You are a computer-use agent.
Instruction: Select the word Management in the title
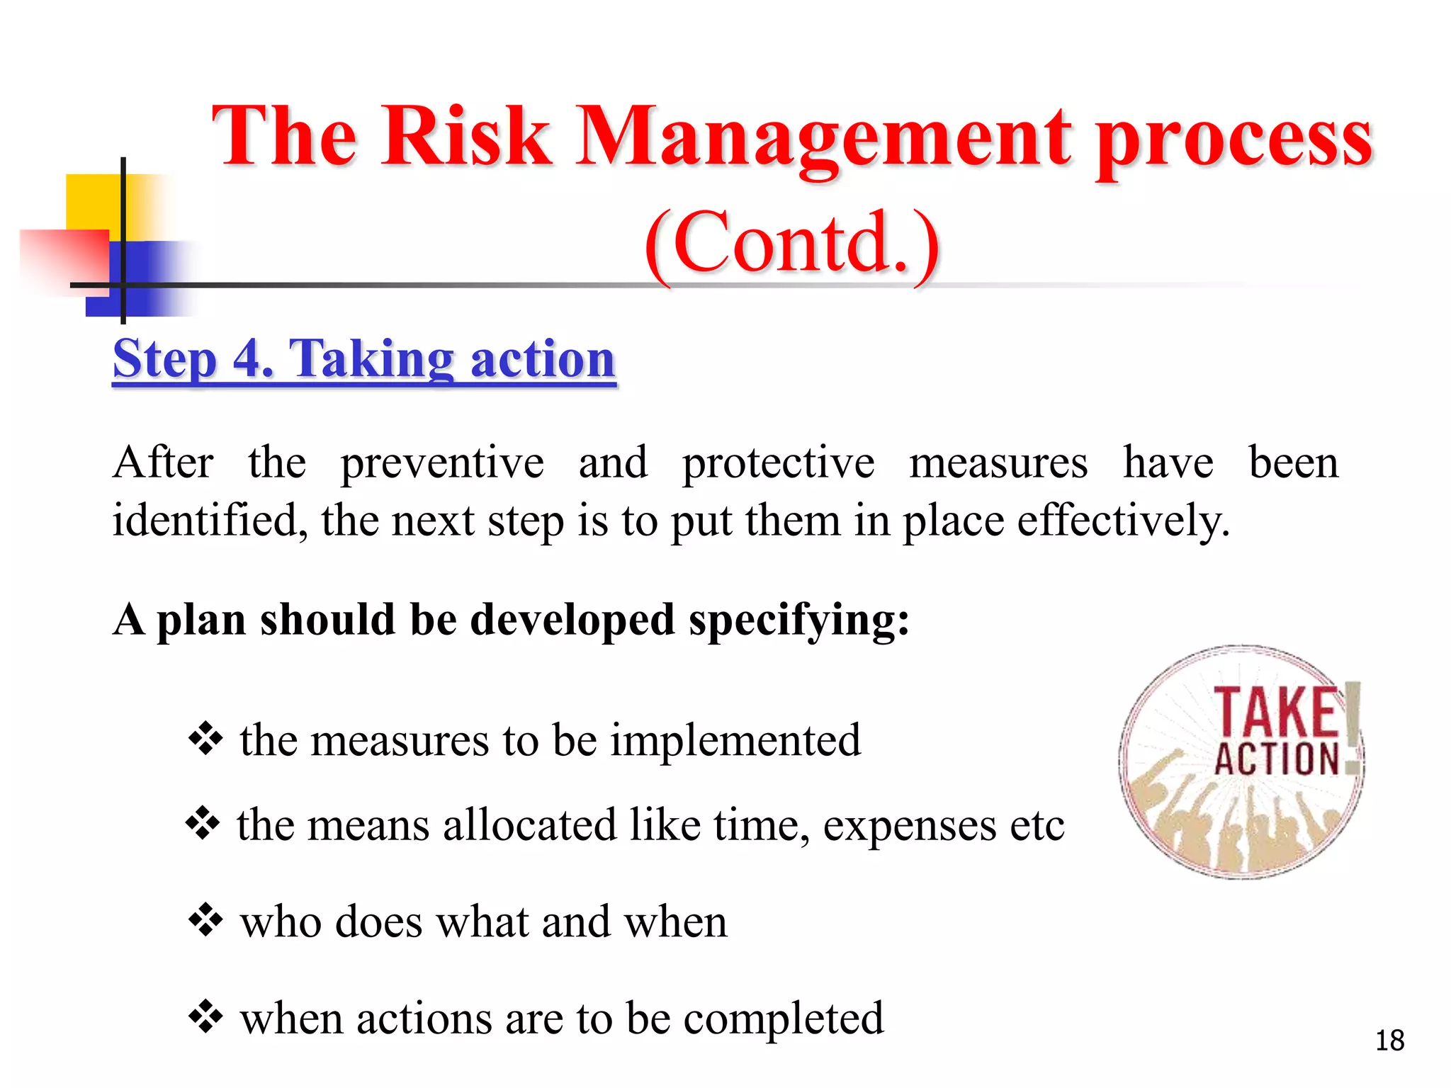tap(822, 138)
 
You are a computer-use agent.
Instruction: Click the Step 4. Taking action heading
tap(364, 359)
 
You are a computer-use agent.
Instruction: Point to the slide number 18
tap(1389, 1041)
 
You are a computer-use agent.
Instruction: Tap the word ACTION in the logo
tap(1276, 759)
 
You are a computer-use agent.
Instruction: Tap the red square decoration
tap(64, 259)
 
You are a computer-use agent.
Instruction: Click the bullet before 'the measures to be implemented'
tap(205, 739)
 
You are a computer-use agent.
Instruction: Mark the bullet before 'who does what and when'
tap(205, 920)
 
